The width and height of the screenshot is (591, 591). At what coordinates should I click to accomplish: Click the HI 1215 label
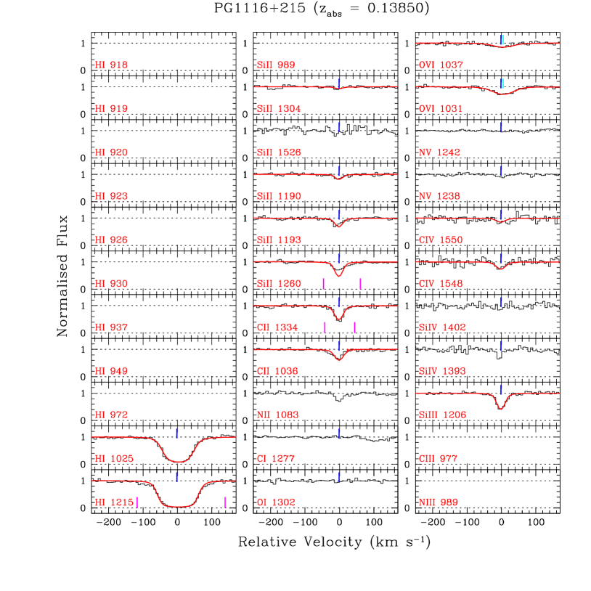point(114,502)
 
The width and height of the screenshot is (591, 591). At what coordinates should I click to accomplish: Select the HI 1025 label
point(114,459)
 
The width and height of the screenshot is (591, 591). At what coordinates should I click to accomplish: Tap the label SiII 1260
point(279,284)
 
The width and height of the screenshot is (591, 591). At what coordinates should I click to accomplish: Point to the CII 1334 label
point(277,327)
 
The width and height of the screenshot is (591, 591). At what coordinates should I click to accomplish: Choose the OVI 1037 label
point(441,65)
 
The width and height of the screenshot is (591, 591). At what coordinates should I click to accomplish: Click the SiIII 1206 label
point(442,415)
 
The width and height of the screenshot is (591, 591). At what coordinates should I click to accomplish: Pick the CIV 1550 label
point(441,240)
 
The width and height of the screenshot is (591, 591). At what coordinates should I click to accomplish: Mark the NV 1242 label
point(439,153)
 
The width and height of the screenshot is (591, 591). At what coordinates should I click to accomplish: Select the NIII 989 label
point(439,502)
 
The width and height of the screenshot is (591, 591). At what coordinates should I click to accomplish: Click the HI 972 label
point(111,415)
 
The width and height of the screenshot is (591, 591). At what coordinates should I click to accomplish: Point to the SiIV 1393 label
point(442,372)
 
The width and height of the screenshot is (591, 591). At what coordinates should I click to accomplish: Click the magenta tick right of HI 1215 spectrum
point(225,502)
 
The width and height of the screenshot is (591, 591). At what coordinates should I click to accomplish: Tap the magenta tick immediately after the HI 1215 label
point(138,502)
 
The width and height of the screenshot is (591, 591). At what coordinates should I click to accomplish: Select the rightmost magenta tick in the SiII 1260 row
point(360,284)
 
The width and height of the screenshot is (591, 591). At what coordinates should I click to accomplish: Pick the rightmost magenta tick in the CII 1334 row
point(354,327)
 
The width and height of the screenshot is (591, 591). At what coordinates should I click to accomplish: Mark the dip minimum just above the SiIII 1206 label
point(501,409)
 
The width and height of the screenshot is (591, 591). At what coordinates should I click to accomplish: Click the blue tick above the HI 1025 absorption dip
point(176,433)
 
